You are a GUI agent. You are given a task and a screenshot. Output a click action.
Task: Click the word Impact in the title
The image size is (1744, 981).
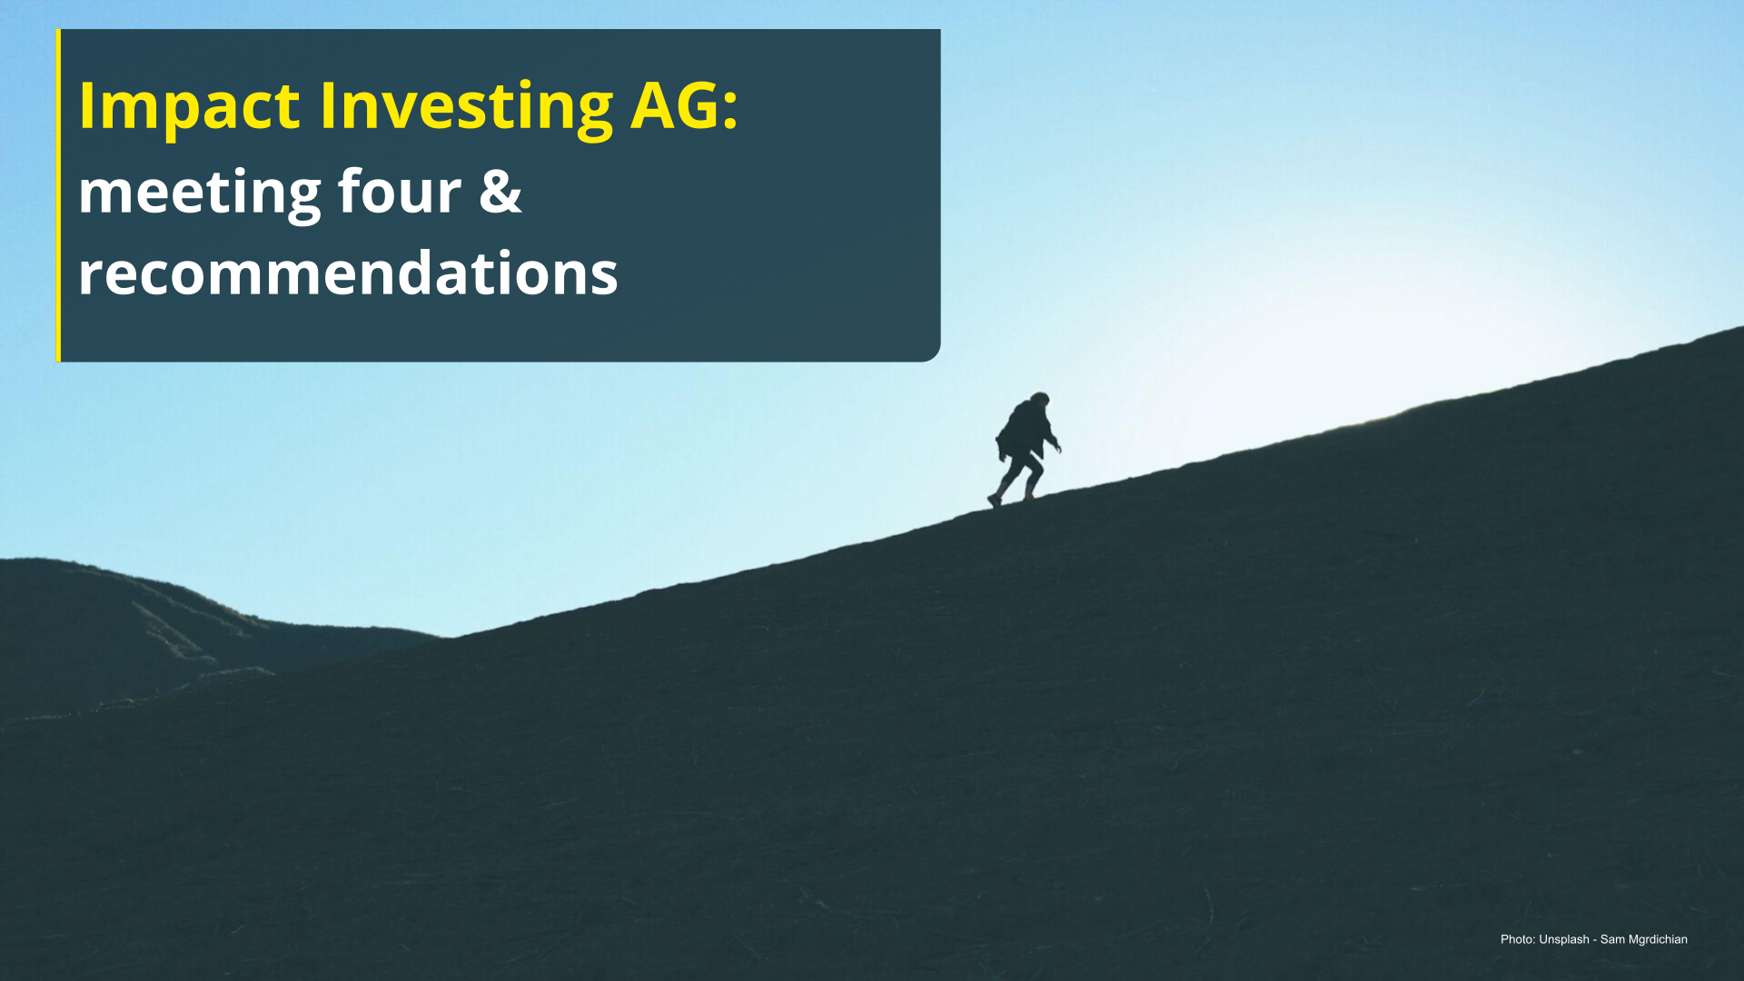(189, 107)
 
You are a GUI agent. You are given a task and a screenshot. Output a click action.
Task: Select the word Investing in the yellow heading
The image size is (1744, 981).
(467, 107)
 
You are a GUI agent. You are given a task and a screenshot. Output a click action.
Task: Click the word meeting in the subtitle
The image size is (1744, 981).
(200, 193)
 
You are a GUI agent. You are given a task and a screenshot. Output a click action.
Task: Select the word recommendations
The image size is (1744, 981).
(348, 272)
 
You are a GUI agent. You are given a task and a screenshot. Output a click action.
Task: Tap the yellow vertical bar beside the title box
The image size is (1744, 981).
(58, 195)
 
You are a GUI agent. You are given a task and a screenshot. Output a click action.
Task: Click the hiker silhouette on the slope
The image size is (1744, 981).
(1026, 450)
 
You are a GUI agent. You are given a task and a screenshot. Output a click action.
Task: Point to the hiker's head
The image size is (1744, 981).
(1040, 400)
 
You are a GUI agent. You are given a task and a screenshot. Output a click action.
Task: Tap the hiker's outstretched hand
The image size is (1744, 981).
(1056, 446)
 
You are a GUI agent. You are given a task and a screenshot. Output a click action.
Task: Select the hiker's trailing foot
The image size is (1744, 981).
(994, 500)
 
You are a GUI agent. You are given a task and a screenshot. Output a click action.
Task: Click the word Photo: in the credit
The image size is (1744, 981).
(1518, 939)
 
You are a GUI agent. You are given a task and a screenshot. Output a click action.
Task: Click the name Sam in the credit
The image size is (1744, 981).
(1612, 939)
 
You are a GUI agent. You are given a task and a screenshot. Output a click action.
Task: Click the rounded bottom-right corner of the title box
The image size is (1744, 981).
(935, 356)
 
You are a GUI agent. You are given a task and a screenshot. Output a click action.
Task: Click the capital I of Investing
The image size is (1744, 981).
(326, 105)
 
